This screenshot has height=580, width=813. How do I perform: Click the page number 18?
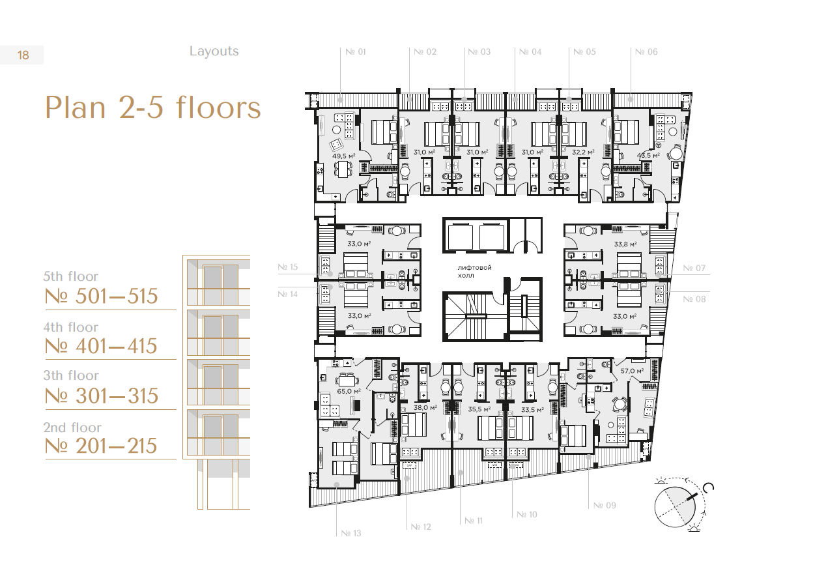click(23, 55)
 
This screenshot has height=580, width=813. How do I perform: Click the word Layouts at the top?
click(214, 51)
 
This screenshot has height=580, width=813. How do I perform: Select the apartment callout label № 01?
click(355, 52)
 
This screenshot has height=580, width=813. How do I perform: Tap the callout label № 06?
click(646, 52)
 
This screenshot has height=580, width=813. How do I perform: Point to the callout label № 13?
click(351, 533)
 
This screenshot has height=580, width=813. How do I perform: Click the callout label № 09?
click(605, 505)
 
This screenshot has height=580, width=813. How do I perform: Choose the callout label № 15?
click(287, 267)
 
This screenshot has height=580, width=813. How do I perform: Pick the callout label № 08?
click(694, 299)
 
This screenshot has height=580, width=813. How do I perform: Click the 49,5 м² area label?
click(344, 156)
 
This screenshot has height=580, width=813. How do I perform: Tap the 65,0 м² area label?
click(349, 391)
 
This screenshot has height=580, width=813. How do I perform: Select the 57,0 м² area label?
click(633, 371)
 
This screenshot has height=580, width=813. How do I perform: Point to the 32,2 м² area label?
click(583, 152)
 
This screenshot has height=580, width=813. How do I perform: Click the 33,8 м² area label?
click(625, 244)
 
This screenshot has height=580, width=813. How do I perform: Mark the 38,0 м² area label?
click(425, 408)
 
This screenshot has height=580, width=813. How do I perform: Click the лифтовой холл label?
click(474, 271)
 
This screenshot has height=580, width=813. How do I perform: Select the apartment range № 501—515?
click(101, 296)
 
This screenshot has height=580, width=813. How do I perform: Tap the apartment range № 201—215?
click(101, 446)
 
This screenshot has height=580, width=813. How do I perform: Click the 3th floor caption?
click(71, 375)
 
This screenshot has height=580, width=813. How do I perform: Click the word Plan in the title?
click(75, 108)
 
